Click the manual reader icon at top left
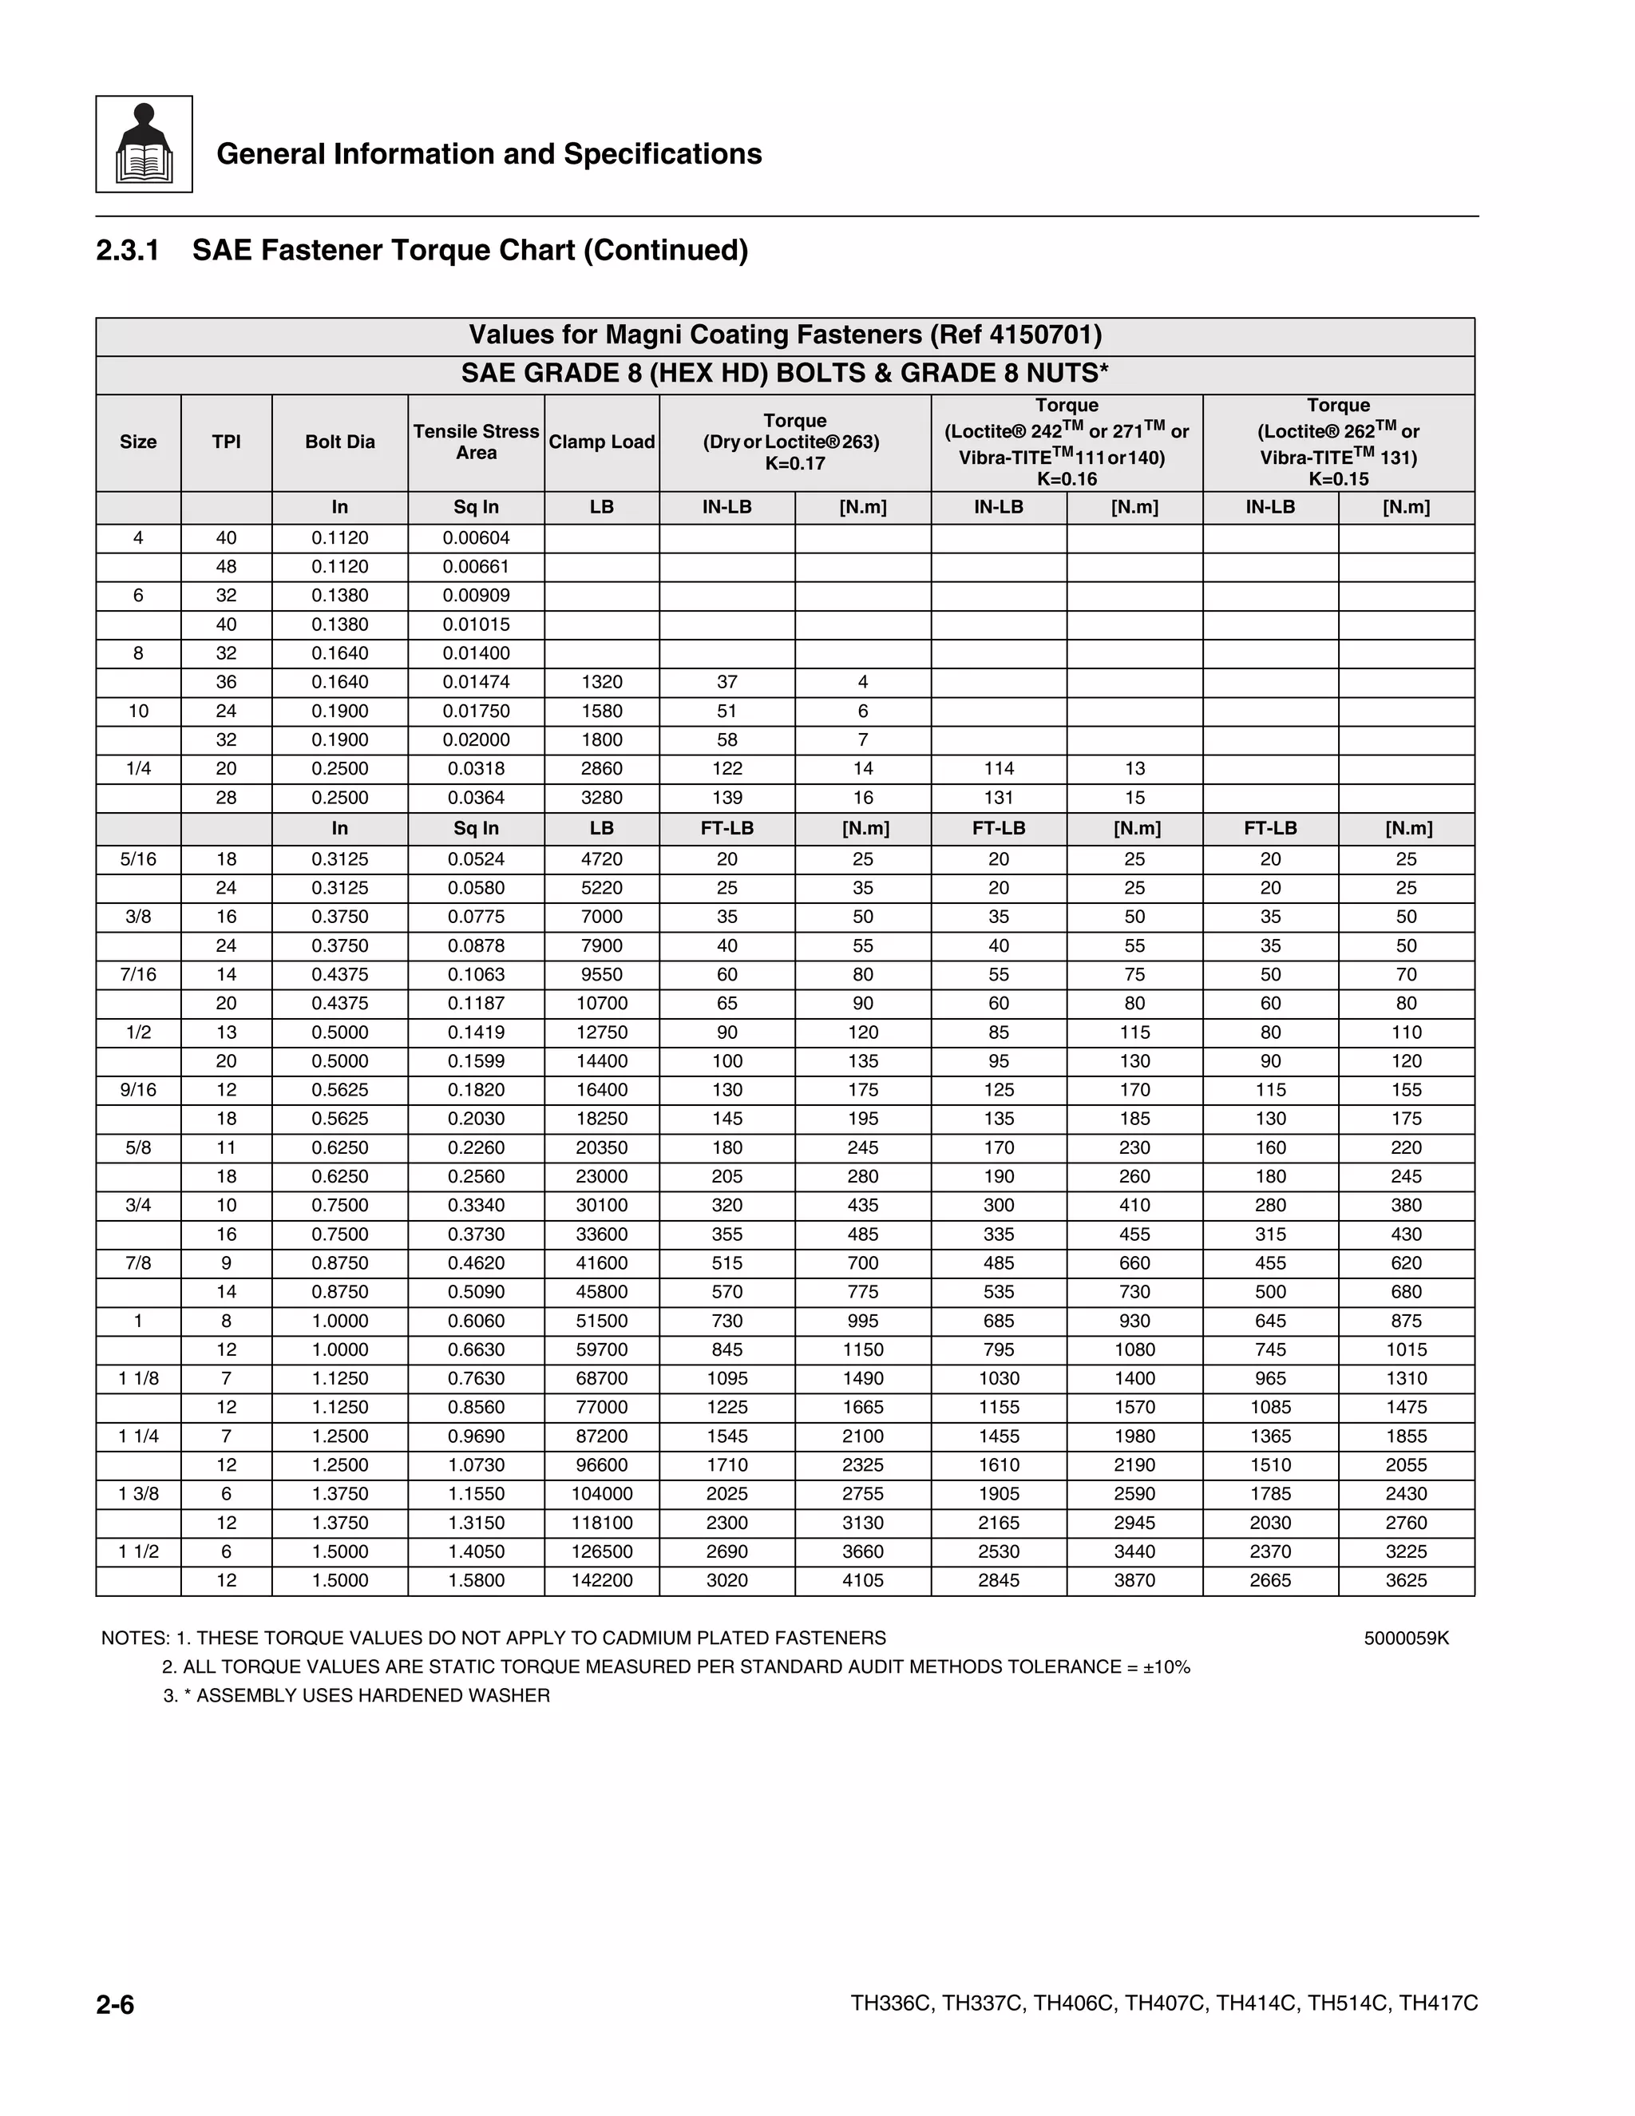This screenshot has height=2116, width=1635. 144,145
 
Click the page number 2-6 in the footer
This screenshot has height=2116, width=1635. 115,2003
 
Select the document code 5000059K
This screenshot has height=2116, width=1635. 1405,1638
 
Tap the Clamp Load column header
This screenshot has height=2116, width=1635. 601,442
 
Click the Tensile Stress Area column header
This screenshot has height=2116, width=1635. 476,442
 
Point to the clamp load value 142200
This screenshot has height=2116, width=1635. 601,1580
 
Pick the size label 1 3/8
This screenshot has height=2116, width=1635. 138,1493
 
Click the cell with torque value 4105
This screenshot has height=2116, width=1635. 862,1580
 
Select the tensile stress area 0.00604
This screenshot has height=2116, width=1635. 476,537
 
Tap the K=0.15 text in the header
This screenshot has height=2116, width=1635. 1338,478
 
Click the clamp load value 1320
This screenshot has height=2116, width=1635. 601,682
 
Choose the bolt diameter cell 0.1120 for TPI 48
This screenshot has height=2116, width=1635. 340,567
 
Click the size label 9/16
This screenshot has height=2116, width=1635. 138,1089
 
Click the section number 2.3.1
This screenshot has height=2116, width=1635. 128,250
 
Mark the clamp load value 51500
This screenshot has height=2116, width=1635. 601,1321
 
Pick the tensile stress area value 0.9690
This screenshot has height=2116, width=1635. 476,1436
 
